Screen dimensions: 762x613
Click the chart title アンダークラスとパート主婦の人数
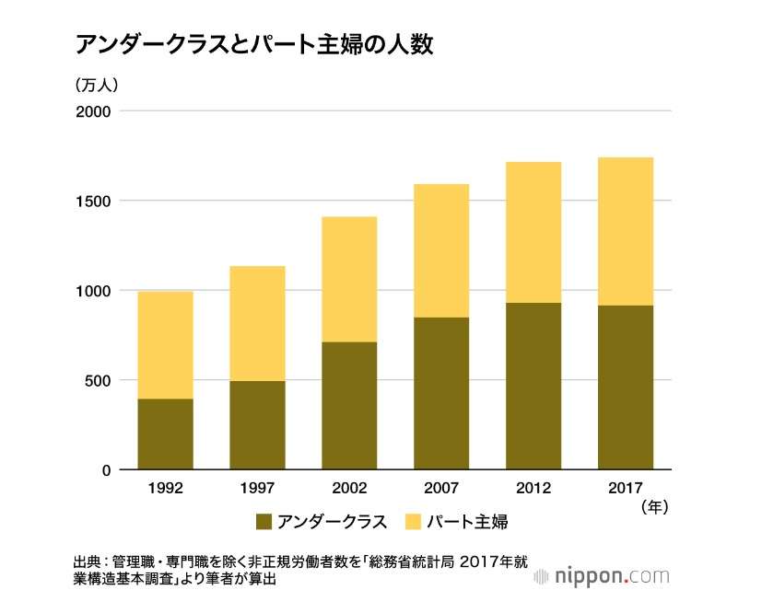253,45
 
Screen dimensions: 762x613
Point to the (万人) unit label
97,85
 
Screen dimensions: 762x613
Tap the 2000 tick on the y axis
93,111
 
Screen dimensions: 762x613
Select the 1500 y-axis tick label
94,201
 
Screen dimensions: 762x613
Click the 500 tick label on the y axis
98,380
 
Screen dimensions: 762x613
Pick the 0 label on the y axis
107,470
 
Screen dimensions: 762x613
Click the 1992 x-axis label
166,488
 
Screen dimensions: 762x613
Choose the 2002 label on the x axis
349,488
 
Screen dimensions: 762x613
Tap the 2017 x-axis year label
626,488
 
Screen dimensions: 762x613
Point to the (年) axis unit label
654,507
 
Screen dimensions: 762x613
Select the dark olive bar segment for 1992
166,434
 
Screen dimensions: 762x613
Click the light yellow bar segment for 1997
258,324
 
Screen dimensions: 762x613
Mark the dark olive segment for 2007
441,394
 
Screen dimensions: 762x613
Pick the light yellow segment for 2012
533,233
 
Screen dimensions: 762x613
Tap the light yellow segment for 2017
626,232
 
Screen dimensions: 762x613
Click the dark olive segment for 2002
349,406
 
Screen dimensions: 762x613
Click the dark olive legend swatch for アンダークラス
264,522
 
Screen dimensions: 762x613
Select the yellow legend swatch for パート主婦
413,522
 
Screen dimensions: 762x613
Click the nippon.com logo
602,576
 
